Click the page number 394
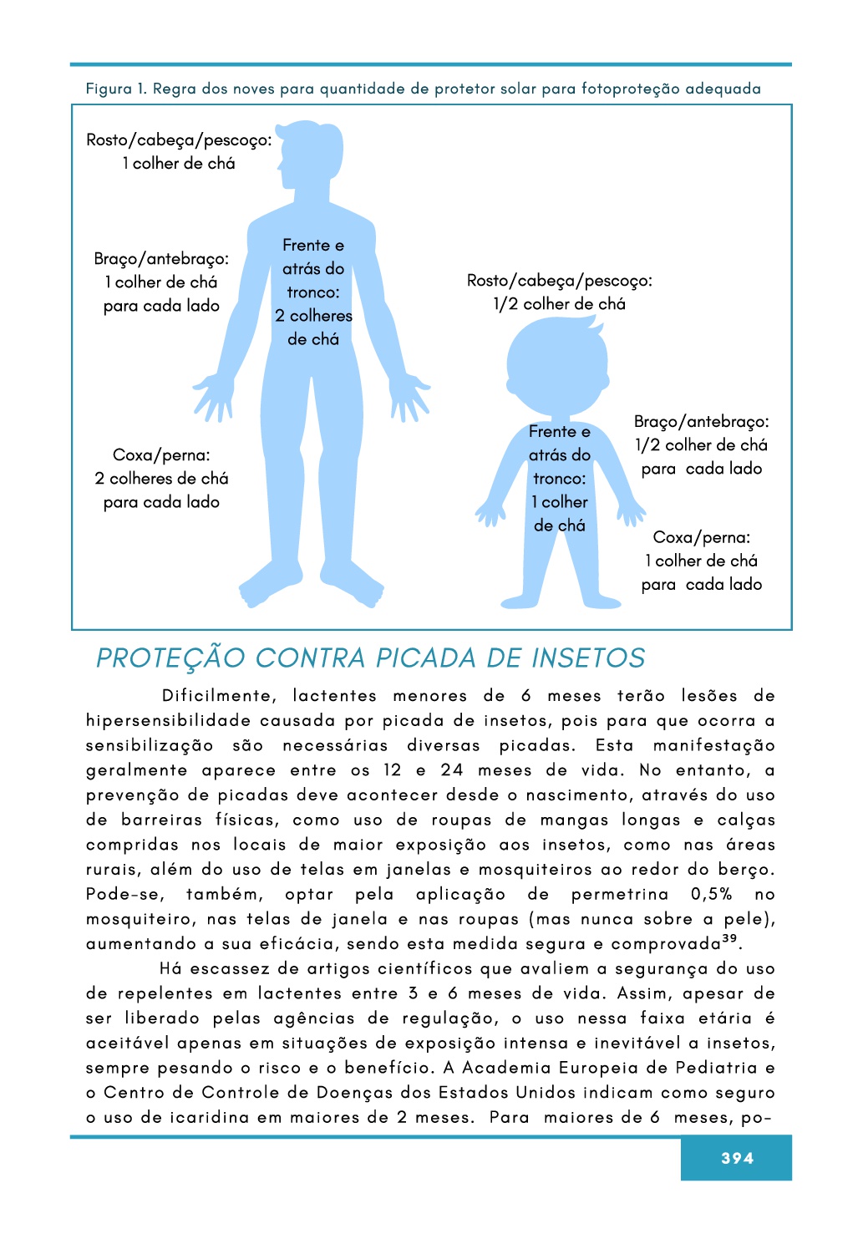click(x=737, y=1158)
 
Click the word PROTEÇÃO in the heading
click(x=170, y=658)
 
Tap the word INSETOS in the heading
click(x=588, y=658)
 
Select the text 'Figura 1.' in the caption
click(x=116, y=89)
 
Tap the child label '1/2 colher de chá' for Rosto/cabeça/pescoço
click(x=559, y=304)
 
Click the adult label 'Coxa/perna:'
click(x=161, y=455)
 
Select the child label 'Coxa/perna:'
click(x=702, y=537)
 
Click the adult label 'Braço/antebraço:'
click(x=161, y=259)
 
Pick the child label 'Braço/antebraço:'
click(x=702, y=422)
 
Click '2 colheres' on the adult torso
click(x=313, y=316)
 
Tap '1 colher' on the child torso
click(x=560, y=502)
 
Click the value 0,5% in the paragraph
click(x=711, y=895)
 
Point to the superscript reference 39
click(x=729, y=940)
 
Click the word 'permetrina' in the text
click(x=620, y=895)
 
